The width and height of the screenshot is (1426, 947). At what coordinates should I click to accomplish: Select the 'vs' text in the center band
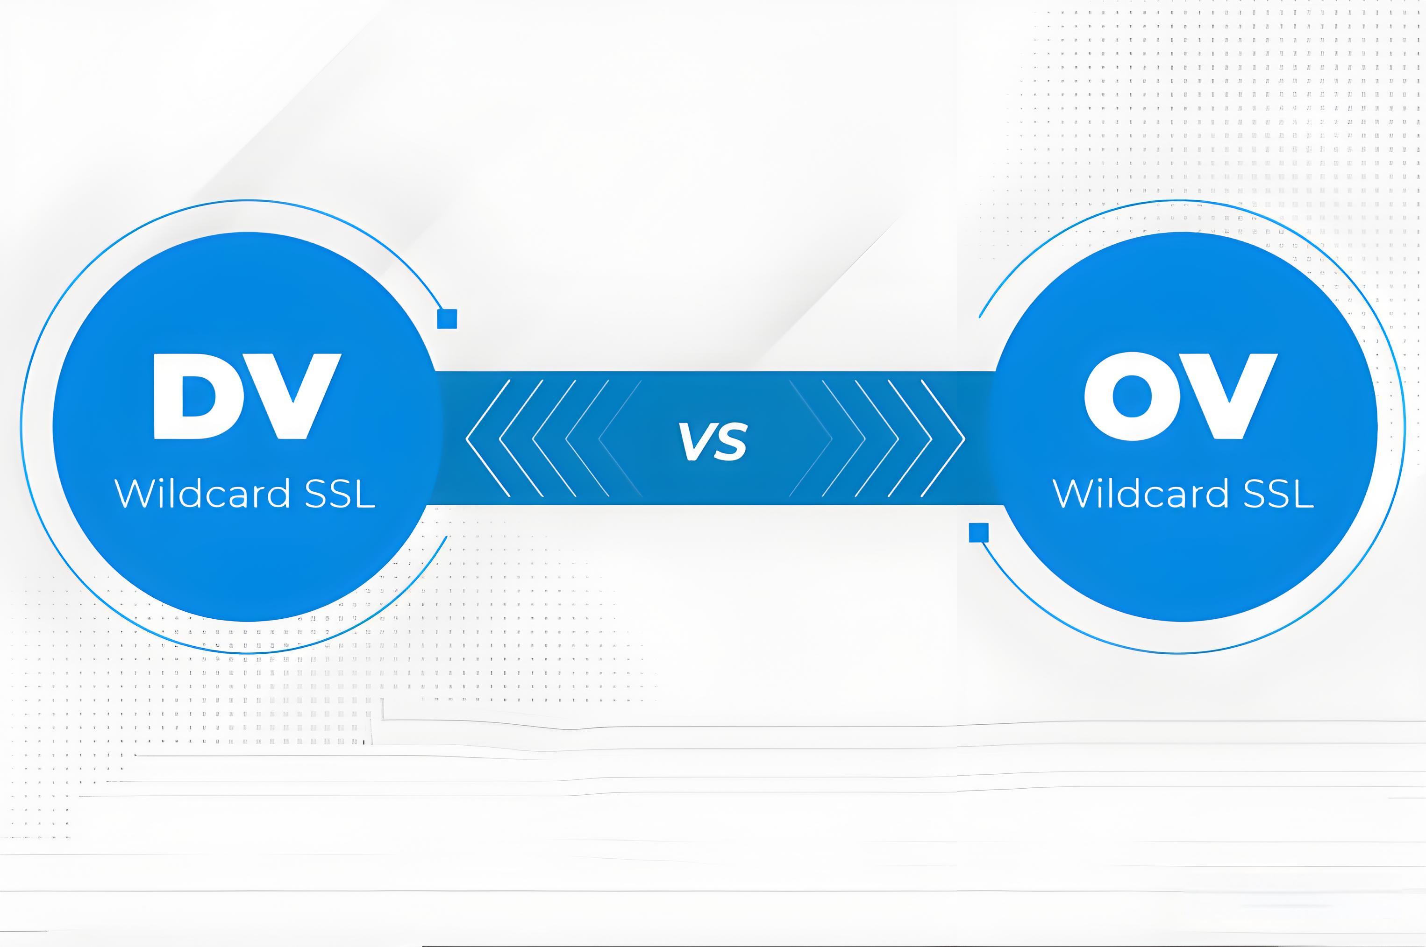coord(713,441)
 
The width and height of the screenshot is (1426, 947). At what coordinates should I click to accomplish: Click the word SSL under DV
coord(340,494)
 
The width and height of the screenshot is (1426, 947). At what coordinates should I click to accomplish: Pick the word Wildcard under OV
coord(1141,494)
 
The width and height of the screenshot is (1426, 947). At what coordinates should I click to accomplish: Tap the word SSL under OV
coord(1278,494)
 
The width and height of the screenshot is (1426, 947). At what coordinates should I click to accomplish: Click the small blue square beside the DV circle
coord(447,318)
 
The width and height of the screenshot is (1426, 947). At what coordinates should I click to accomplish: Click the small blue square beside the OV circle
coord(979,532)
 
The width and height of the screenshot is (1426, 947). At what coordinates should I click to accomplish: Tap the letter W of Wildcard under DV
coord(137,494)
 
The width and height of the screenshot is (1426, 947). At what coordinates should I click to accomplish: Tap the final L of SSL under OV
coord(1303,494)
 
